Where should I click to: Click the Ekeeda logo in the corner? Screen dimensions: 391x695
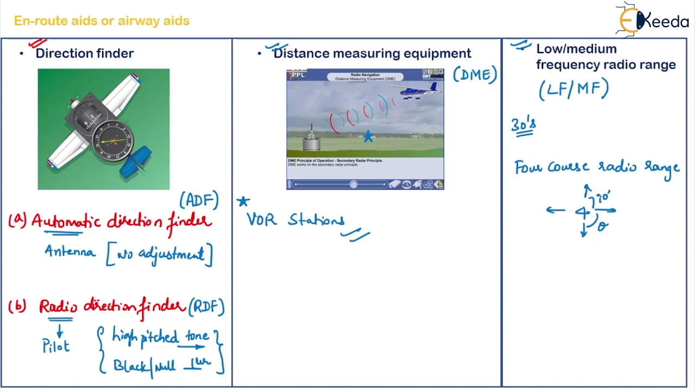(653, 21)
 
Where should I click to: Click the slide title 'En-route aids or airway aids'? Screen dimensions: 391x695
(102, 21)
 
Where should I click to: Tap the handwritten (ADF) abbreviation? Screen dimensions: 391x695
(199, 200)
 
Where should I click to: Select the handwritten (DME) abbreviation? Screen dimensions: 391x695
(475, 75)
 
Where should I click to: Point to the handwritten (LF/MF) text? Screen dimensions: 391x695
(574, 89)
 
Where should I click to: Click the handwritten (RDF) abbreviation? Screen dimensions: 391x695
(206, 307)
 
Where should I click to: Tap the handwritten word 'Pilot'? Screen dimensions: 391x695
(56, 346)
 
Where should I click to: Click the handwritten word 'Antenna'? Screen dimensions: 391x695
(70, 252)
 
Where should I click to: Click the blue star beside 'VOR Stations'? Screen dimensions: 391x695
(243, 201)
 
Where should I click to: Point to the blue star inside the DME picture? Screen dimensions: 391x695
(368, 136)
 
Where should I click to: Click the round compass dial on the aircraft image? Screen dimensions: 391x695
(113, 141)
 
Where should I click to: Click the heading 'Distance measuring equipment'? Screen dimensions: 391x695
(372, 53)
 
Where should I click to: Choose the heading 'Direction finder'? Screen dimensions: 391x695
(85, 53)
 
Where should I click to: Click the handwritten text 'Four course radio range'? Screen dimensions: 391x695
(597, 167)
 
